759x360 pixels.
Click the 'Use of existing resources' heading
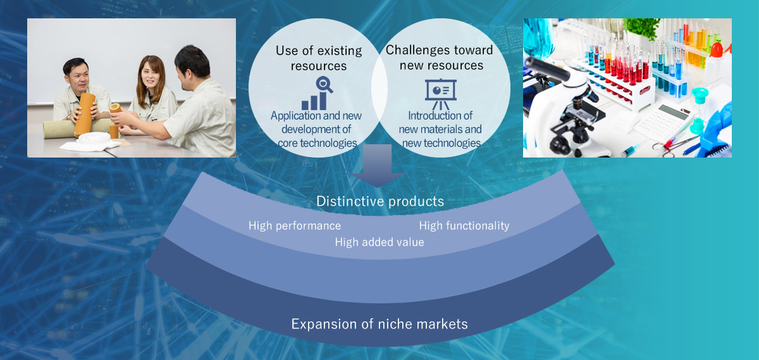[x=319, y=58]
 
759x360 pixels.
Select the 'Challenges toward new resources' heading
[x=440, y=58]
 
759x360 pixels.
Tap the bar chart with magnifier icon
[x=317, y=93]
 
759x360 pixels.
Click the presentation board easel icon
[x=440, y=94]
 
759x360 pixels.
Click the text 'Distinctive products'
[x=380, y=201]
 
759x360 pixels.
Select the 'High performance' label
[x=295, y=226]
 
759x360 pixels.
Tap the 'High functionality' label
[x=464, y=226]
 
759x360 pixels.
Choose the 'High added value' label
[x=379, y=242]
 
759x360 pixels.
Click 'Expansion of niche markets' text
[x=379, y=324]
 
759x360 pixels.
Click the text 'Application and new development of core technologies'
[x=316, y=129]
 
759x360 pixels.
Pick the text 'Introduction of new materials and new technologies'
[x=440, y=129]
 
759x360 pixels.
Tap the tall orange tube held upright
[x=85, y=115]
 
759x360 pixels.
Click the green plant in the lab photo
[x=643, y=28]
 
